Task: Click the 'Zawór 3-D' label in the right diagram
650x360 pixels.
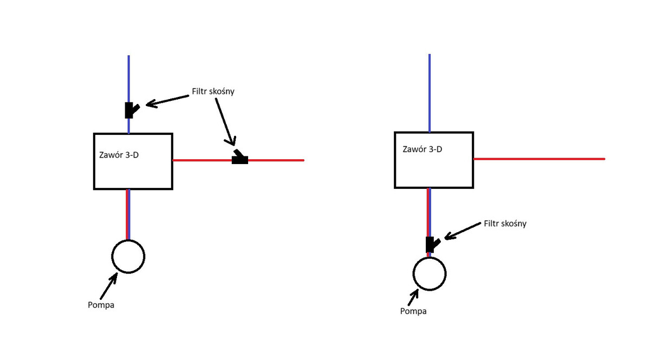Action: tap(422, 149)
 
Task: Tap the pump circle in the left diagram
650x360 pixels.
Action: tap(128, 257)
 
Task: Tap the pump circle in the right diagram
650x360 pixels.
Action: tap(430, 273)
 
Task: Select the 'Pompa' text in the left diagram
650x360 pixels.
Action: tap(101, 305)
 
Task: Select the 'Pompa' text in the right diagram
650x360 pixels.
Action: tap(413, 311)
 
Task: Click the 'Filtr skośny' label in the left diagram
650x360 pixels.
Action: tap(213, 91)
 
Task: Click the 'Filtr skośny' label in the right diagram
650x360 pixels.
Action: tap(505, 224)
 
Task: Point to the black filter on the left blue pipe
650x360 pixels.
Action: tap(130, 110)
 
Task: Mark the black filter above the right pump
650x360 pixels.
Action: tap(431, 245)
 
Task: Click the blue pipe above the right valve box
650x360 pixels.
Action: tap(430, 92)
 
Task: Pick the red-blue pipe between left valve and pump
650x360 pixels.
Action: tap(128, 214)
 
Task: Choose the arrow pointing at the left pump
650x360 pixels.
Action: tap(108, 285)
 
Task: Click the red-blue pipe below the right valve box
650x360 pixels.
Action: tap(429, 211)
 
